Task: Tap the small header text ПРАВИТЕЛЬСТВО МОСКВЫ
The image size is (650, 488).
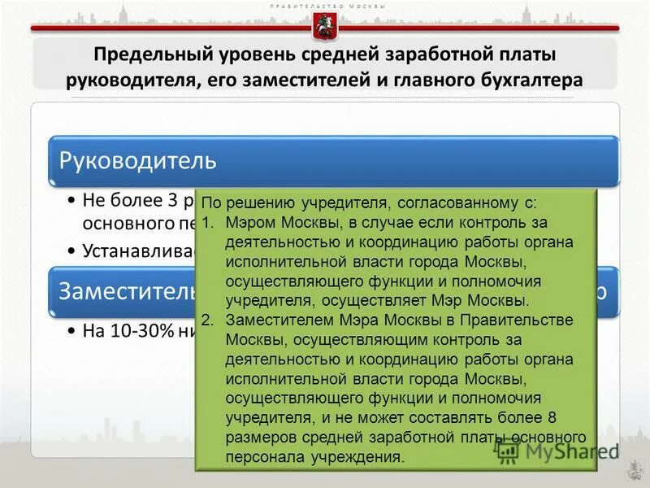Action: [x=325, y=7]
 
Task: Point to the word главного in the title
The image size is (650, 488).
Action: [x=422, y=80]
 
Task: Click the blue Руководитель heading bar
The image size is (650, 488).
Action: [x=333, y=159]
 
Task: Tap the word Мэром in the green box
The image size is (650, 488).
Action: [x=249, y=223]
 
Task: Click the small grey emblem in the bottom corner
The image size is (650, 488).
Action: [x=631, y=470]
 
